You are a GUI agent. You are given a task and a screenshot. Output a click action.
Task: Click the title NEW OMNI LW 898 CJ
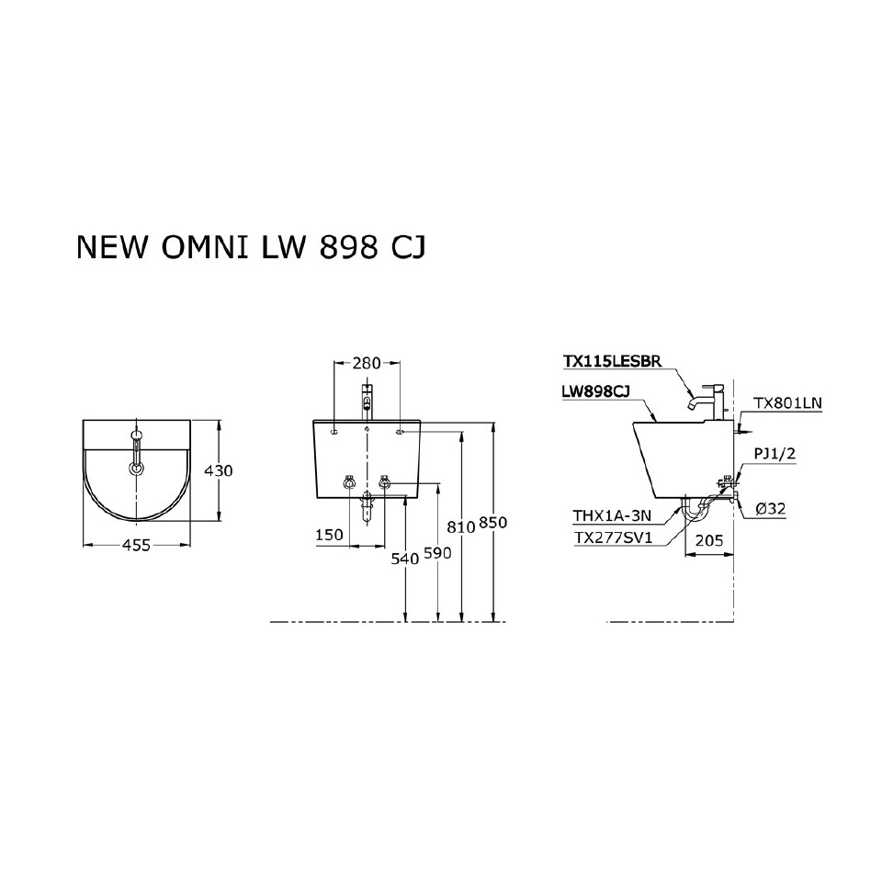pos(250,248)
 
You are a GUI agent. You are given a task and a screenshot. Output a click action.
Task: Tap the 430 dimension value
pos(218,470)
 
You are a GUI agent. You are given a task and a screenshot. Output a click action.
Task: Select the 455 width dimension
pos(137,545)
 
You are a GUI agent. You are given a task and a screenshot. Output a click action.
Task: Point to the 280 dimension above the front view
pos(367,364)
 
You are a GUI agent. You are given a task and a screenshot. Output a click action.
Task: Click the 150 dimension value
pos(328,535)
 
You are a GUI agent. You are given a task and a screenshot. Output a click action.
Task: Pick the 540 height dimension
pos(404,558)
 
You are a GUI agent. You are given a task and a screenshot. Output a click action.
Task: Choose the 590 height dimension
pos(435,555)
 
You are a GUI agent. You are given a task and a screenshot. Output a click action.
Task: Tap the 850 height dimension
pos(493,522)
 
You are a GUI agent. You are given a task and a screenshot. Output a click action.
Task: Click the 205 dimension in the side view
pos(709,542)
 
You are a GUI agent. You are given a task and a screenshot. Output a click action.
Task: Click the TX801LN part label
pos(787,402)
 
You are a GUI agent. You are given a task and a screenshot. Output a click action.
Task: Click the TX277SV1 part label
pos(612,539)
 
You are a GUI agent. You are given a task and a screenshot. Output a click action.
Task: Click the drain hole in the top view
pos(137,468)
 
